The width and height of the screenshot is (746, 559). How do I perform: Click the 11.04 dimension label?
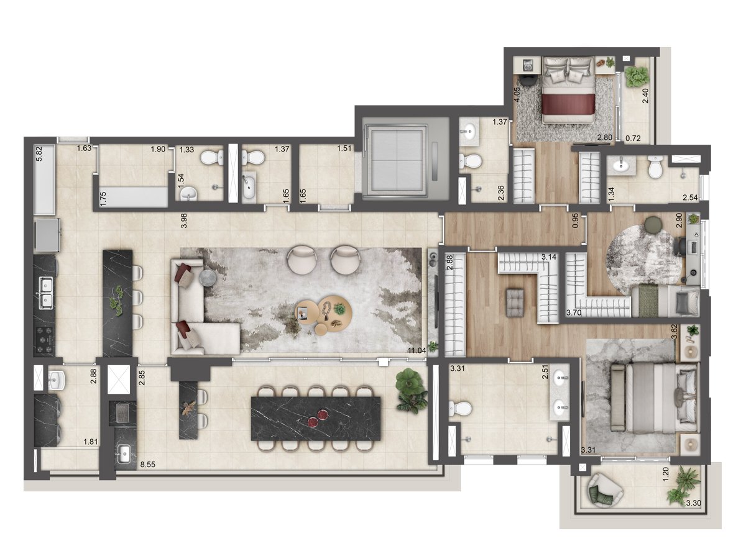pyautogui.click(x=417, y=350)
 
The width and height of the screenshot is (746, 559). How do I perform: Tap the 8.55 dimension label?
pyautogui.click(x=148, y=465)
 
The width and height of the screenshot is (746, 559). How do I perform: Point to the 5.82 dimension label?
pyautogui.click(x=39, y=153)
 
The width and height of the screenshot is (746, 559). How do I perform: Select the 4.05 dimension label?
pyautogui.click(x=517, y=94)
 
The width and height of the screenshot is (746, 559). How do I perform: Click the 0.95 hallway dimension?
pyautogui.click(x=575, y=220)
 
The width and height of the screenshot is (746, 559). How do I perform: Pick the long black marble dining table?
pyautogui.click(x=315, y=418)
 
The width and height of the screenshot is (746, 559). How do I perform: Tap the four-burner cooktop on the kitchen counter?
pyautogui.click(x=45, y=340)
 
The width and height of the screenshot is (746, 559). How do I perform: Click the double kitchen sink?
pyautogui.click(x=45, y=293)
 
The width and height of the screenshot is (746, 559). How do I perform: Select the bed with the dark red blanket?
pyautogui.click(x=568, y=90)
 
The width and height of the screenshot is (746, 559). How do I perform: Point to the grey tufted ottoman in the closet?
pyautogui.click(x=515, y=302)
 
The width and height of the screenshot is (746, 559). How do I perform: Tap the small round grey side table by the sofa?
pyautogui.click(x=207, y=279)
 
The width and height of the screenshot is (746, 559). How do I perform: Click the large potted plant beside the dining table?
pyautogui.click(x=410, y=391)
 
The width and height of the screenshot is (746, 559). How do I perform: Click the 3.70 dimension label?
pyautogui.click(x=574, y=312)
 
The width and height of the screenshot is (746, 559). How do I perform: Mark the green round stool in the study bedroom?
pyautogui.click(x=652, y=224)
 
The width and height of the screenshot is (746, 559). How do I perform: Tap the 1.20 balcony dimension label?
pyautogui.click(x=666, y=474)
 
